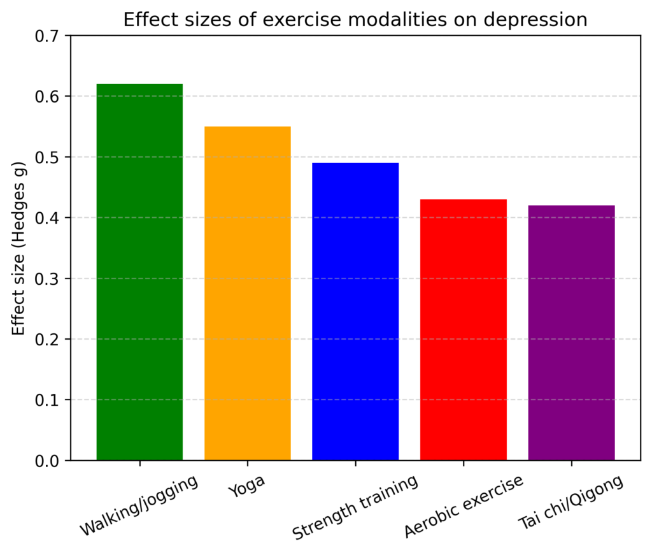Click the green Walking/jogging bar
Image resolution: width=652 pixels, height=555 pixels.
pyautogui.click(x=139, y=272)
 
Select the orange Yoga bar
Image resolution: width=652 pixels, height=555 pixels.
pyautogui.click(x=248, y=293)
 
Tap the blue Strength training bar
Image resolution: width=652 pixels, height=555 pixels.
pyautogui.click(x=355, y=312)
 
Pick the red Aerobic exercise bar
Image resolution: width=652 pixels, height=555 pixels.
pyautogui.click(x=464, y=329)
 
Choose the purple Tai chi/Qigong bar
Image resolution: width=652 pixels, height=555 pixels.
pyautogui.click(x=571, y=333)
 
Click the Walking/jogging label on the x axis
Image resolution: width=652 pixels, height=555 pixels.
pyautogui.click(x=139, y=505)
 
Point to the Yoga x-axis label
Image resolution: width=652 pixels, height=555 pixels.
pyautogui.click(x=246, y=489)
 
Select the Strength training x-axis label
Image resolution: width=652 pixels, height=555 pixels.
pyautogui.click(x=355, y=507)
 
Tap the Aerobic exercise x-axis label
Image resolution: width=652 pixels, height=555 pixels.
pyautogui.click(x=464, y=507)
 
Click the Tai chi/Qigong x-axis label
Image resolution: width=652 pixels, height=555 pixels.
pyautogui.click(x=570, y=503)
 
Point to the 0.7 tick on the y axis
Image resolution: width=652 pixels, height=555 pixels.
pyautogui.click(x=49, y=36)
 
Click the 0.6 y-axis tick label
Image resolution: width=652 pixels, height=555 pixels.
pyautogui.click(x=49, y=97)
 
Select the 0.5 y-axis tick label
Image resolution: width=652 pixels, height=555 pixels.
pyautogui.click(x=49, y=157)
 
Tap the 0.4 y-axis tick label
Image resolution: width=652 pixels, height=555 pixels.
pyautogui.click(x=49, y=218)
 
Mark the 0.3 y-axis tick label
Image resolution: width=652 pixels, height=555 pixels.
pyautogui.click(x=49, y=278)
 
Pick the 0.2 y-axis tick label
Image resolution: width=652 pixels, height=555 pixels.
pyautogui.click(x=49, y=340)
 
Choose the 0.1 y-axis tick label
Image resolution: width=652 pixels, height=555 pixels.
pyautogui.click(x=49, y=400)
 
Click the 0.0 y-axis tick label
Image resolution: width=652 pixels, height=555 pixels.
pyautogui.click(x=49, y=461)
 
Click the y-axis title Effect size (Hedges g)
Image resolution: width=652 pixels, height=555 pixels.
pyautogui.click(x=19, y=249)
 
